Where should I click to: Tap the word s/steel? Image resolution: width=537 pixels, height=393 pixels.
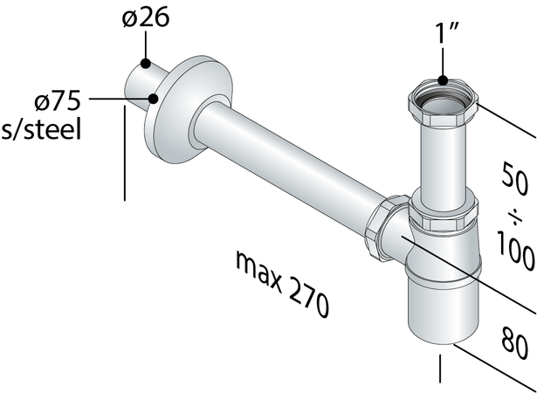pos(41,130)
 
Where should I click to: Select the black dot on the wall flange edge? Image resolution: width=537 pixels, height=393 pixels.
pos(155,99)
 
